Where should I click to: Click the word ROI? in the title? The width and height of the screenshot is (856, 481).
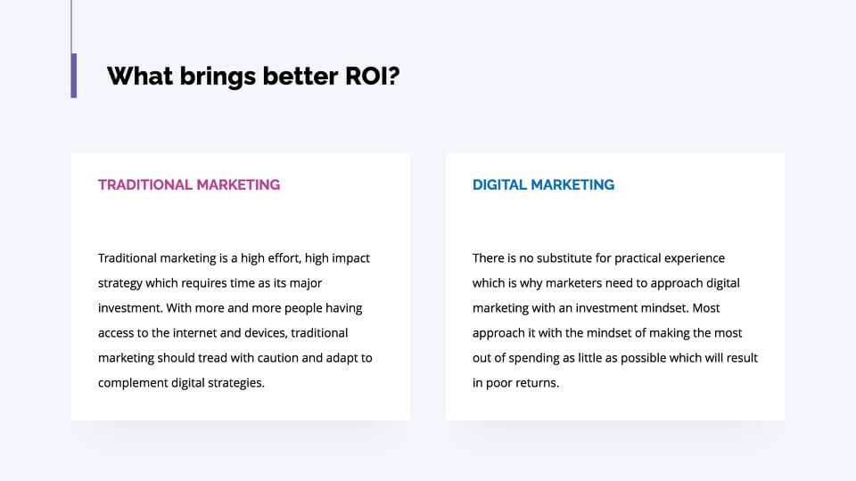tap(373, 76)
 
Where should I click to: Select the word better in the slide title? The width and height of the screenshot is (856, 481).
tap(300, 76)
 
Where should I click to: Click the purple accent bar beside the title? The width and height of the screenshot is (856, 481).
tap(74, 75)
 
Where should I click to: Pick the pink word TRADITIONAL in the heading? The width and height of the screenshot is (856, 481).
tap(144, 185)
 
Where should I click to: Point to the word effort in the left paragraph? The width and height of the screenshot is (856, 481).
tap(284, 258)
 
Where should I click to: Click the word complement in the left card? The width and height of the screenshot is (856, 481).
tap(133, 383)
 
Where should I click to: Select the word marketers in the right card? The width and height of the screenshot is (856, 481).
tap(572, 283)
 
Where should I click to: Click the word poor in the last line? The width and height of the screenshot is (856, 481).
tap(498, 383)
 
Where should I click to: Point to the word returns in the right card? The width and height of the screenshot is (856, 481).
tap(537, 383)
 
